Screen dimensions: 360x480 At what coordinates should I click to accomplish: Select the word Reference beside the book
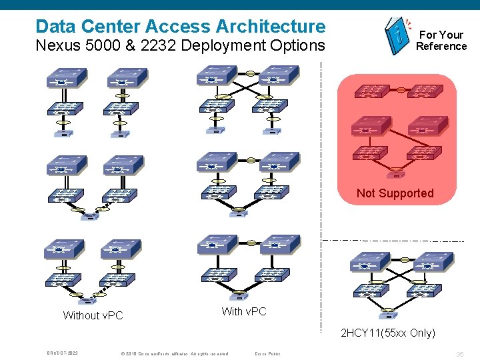pos(441,46)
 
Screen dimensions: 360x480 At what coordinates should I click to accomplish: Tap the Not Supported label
pos(395,193)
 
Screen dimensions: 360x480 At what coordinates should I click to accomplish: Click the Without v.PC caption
pos(93,315)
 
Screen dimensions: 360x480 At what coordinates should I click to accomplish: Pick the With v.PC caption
pos(243,311)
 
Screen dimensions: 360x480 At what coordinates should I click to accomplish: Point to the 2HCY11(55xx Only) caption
pos(387,333)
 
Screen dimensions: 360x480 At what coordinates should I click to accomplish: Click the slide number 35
pos(460,353)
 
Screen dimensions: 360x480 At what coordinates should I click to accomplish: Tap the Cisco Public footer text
pos(267,353)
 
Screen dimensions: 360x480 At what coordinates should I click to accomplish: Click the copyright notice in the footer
pos(174,353)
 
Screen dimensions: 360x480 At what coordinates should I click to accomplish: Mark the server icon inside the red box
pos(395,176)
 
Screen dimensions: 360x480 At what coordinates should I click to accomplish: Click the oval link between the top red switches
pos(401,89)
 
